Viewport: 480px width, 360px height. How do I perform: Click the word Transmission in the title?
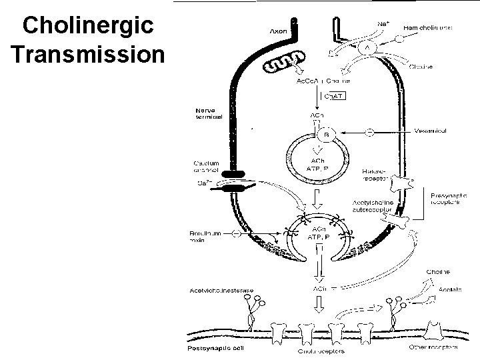tap(87, 53)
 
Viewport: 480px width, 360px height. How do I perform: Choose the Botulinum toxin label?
tap(205, 237)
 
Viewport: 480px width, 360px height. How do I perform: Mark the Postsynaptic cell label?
tap(212, 347)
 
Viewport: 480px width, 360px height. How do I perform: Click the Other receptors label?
tap(435, 347)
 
